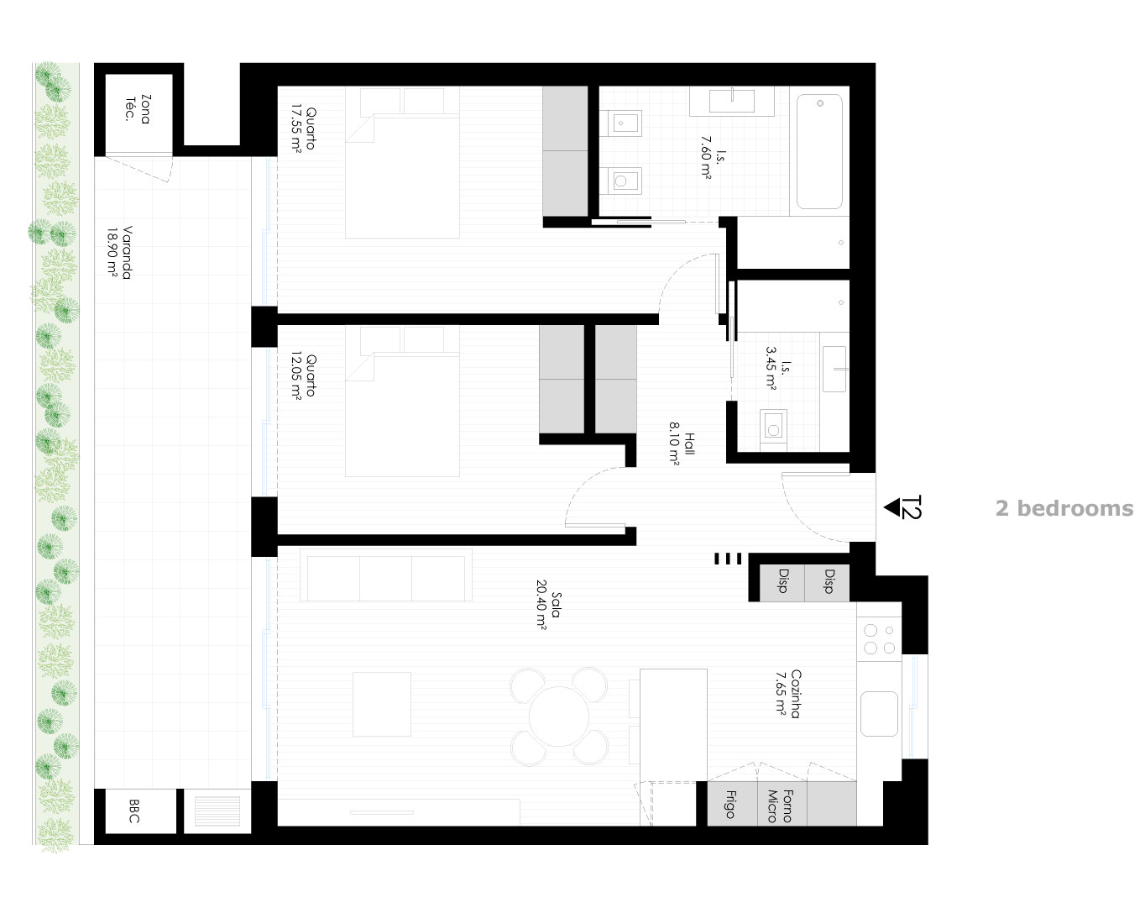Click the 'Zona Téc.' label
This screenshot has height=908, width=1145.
138,109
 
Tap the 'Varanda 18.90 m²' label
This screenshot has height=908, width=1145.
120,253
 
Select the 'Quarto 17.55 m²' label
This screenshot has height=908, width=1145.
305,129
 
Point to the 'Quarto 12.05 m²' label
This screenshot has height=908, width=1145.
305,375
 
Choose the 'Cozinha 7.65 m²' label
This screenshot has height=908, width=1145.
788,693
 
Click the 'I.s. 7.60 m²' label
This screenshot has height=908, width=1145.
713,157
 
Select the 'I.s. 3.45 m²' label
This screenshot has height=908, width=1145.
778,369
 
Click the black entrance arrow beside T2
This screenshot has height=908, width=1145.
891,507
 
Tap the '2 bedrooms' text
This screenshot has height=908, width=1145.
1064,508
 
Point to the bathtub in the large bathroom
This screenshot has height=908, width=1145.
819,152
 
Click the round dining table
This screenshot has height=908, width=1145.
559,716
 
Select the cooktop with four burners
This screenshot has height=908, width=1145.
879,639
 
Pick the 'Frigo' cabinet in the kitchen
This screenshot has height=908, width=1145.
732,804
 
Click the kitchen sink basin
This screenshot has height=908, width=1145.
879,714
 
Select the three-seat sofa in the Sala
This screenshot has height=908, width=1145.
386,575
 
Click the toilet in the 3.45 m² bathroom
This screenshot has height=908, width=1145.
773,427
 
